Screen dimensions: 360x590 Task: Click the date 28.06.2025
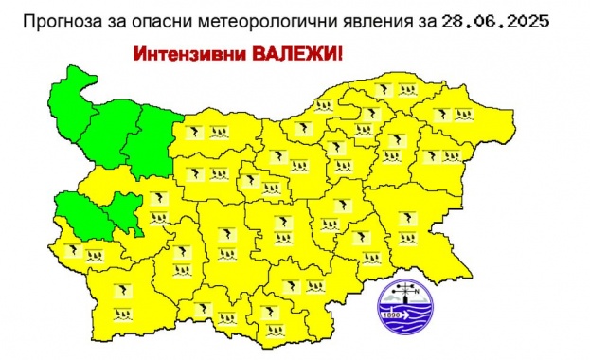click(496, 20)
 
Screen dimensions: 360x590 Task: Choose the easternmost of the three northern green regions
click(152, 142)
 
